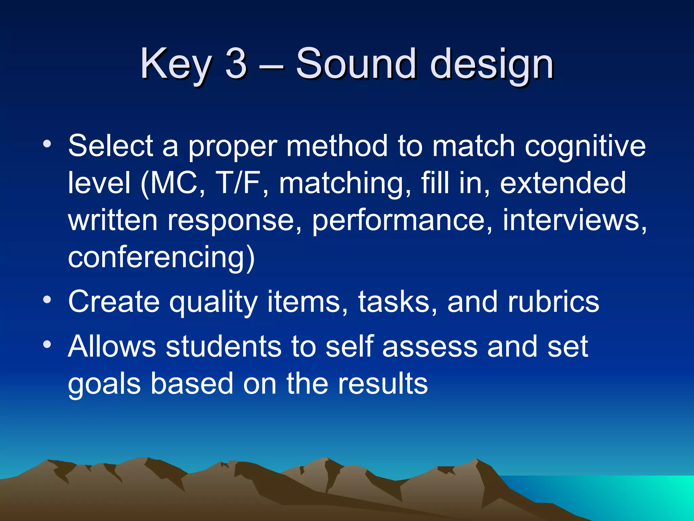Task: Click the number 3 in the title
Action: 236,63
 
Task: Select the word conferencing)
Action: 161,258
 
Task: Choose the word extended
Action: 563,183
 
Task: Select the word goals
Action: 104,385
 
